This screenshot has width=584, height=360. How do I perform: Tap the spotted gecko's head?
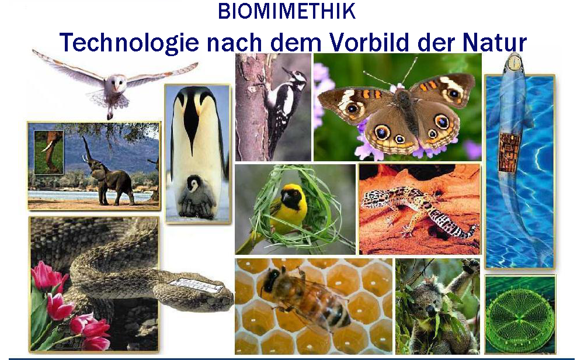pyautogui.click(x=374, y=199)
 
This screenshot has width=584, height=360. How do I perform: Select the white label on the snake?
pyautogui.click(x=196, y=285)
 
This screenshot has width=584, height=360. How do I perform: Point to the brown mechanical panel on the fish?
pyautogui.click(x=510, y=151)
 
